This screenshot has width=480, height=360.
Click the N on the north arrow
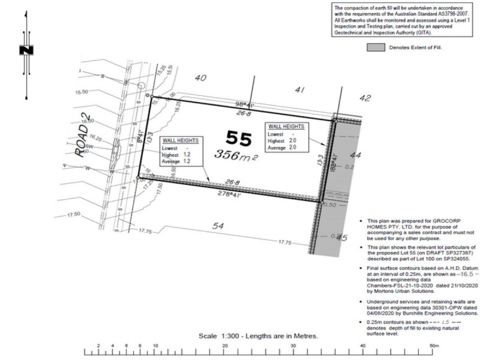click(x=26, y=51)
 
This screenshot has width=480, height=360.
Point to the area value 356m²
click(x=235, y=155)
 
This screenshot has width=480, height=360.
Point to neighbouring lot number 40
click(x=200, y=77)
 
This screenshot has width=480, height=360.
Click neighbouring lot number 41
click(x=300, y=89)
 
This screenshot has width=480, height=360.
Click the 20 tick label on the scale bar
click(x=224, y=346)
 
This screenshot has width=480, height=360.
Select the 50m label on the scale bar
click(x=434, y=346)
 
